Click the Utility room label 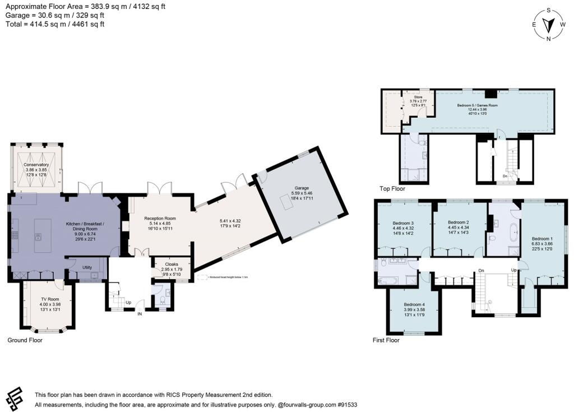tap(87, 267)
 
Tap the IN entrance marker tap(140, 314)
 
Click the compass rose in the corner tap(549, 25)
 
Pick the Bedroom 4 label tap(415, 305)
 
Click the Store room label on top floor tap(418, 97)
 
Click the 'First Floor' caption tap(386, 340)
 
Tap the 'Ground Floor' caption tap(25, 340)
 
